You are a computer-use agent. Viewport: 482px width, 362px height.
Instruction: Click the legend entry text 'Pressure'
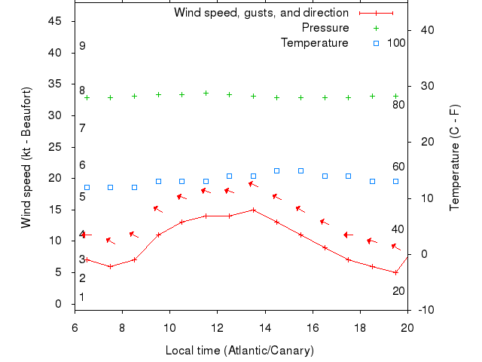coord(325,28)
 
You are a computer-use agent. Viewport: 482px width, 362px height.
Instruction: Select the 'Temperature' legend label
coord(315,43)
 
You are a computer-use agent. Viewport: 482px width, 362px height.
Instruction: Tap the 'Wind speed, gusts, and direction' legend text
coord(261,13)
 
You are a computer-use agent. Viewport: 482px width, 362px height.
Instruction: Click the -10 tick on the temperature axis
coord(426,310)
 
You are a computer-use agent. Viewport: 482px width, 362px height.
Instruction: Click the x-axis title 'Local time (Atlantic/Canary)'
coord(239,351)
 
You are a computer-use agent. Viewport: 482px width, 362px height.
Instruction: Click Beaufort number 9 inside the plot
coord(82,46)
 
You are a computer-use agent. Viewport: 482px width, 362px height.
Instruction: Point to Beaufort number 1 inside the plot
coord(82,297)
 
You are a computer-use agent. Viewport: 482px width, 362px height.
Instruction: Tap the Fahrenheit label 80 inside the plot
coord(398,104)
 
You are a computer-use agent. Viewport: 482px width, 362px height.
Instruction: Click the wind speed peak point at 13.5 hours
coord(253,210)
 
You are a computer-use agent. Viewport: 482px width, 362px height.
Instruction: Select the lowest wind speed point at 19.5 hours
coord(395,272)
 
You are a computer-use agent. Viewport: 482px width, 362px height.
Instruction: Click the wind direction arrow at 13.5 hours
coord(254,183)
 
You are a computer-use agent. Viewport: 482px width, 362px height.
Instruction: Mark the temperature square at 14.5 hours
coord(277,171)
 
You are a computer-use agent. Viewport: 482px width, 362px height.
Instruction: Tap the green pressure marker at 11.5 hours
coord(206,94)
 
